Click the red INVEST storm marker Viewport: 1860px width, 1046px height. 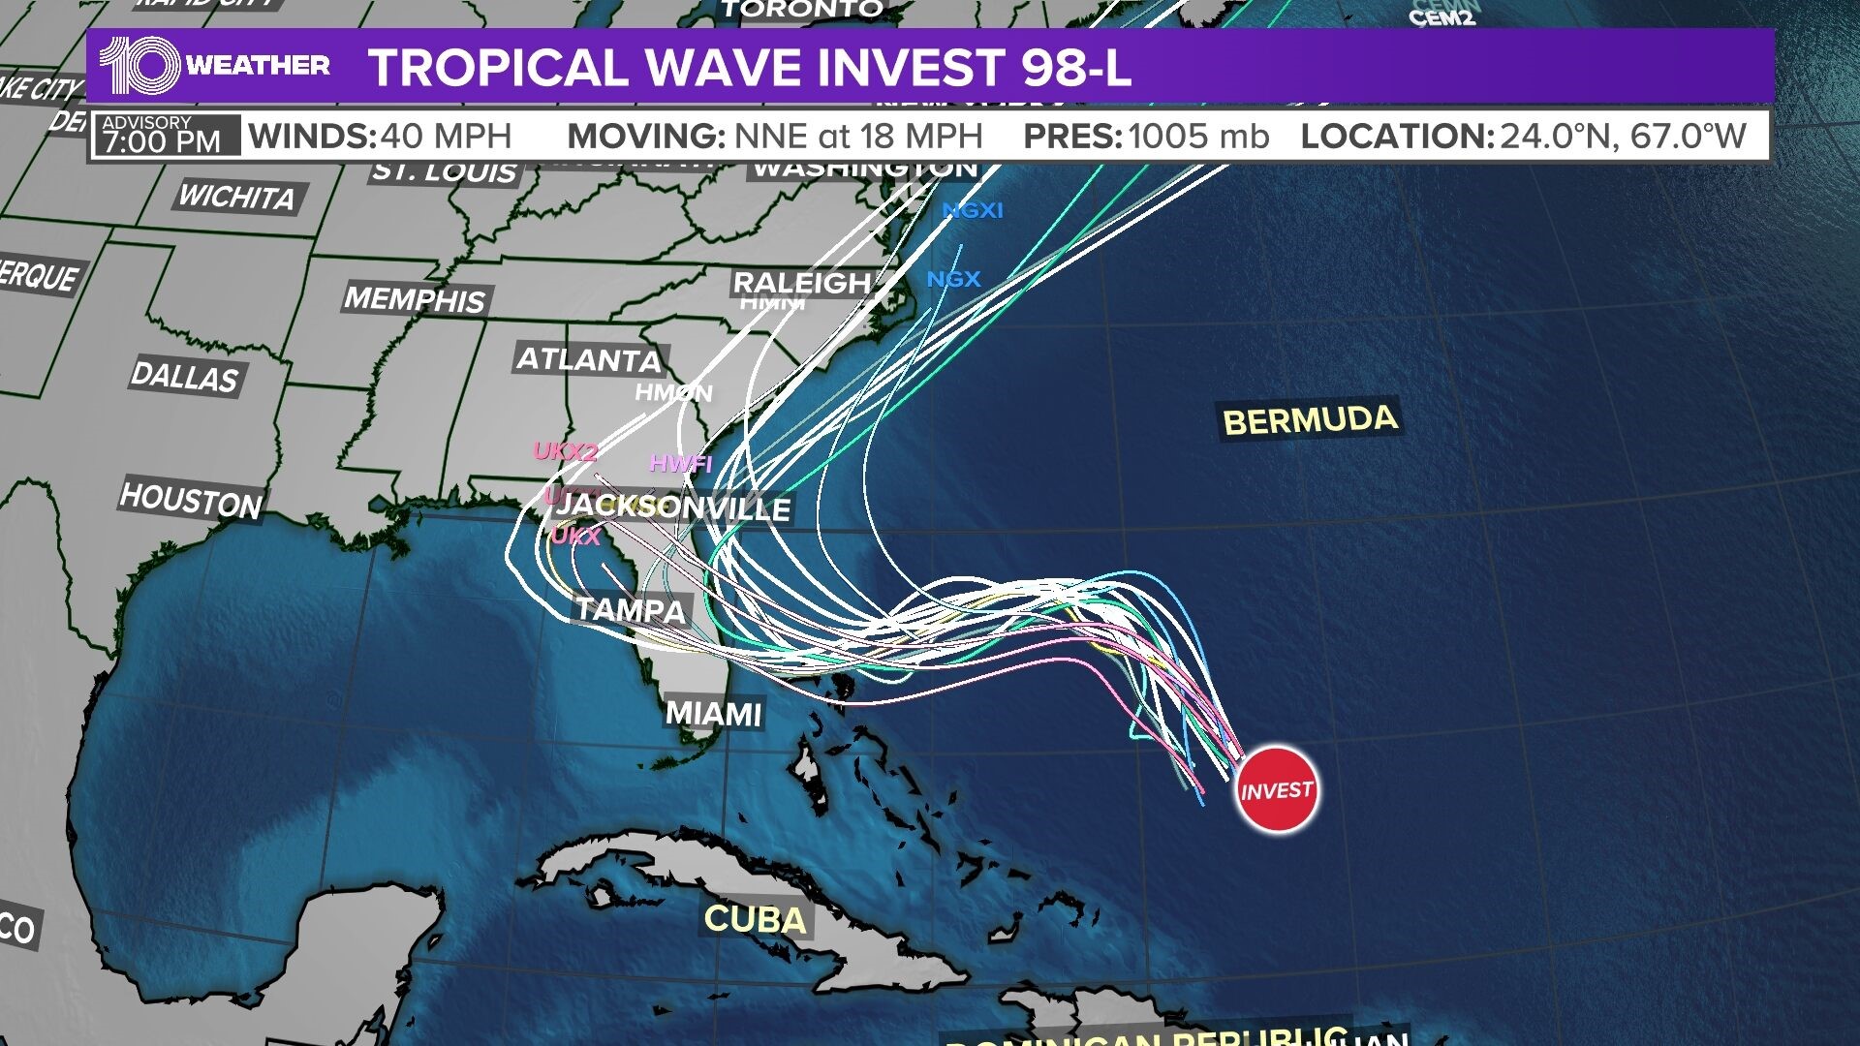(x=1277, y=789)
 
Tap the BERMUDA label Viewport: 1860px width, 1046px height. (x=1310, y=420)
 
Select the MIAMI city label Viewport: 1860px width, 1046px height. (x=714, y=714)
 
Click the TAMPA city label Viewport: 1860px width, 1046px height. (x=631, y=609)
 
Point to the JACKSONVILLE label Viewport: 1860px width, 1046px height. (x=674, y=507)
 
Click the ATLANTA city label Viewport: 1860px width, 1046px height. (x=589, y=360)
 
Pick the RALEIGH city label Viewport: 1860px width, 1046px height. (x=802, y=283)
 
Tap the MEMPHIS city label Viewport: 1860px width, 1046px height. (x=415, y=298)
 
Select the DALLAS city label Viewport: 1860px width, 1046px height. (x=184, y=377)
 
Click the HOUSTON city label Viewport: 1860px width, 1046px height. (x=191, y=501)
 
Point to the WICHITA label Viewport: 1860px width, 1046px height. (x=236, y=197)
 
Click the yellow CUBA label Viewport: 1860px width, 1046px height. (x=755, y=919)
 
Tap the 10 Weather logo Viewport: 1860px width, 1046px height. (x=214, y=66)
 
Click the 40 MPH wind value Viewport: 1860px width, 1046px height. (x=446, y=137)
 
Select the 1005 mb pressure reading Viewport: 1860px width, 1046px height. (x=1198, y=137)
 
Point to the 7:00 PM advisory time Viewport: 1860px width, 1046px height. (x=162, y=142)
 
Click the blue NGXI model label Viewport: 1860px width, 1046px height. (x=973, y=210)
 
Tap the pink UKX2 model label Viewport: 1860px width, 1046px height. (x=566, y=451)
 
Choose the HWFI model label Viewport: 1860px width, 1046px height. (x=680, y=464)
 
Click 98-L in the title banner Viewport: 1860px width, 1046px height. (x=1075, y=68)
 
